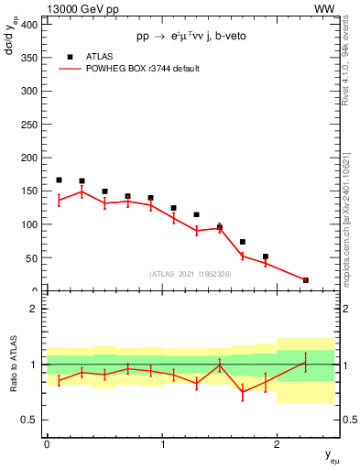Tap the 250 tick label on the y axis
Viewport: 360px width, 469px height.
27,125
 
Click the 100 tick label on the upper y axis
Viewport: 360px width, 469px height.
27,224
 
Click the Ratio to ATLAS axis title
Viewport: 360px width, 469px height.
12,364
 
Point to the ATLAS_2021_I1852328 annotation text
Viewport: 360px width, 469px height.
190,274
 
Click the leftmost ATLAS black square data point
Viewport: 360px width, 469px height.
59,180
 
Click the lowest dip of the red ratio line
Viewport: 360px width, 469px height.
243,392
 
